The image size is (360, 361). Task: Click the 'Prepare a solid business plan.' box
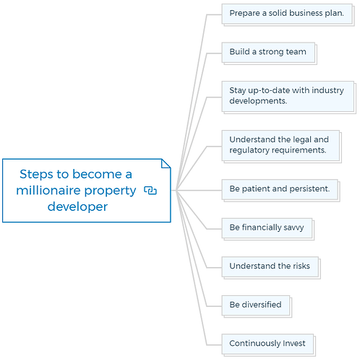click(288, 14)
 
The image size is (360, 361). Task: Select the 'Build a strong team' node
click(269, 53)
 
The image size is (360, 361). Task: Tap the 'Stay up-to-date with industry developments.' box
click(288, 97)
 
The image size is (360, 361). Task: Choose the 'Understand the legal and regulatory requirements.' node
click(281, 147)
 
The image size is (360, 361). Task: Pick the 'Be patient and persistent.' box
click(280, 190)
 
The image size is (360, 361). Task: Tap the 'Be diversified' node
click(257, 306)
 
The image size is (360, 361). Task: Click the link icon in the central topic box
click(150, 190)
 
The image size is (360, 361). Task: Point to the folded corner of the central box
click(166, 163)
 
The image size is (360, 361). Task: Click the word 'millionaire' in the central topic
click(48, 190)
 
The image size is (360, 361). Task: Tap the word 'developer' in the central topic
click(77, 206)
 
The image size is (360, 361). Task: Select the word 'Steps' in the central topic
click(36, 174)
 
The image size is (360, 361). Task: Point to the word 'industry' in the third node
click(327, 90)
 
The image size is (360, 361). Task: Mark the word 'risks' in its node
click(301, 266)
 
